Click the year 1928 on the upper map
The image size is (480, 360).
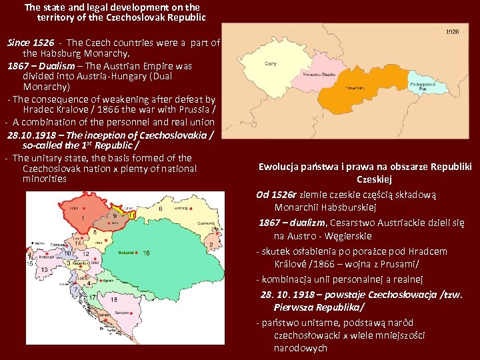[451, 31]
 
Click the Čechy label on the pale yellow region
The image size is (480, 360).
[271, 64]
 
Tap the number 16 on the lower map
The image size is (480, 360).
[146, 253]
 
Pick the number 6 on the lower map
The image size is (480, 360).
[161, 209]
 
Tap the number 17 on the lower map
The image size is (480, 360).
[95, 298]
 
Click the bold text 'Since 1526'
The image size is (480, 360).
[31, 43]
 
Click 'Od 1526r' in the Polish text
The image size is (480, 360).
[277, 195]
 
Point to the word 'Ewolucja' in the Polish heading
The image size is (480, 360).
[280, 167]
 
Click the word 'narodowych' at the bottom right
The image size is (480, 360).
[300, 348]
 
